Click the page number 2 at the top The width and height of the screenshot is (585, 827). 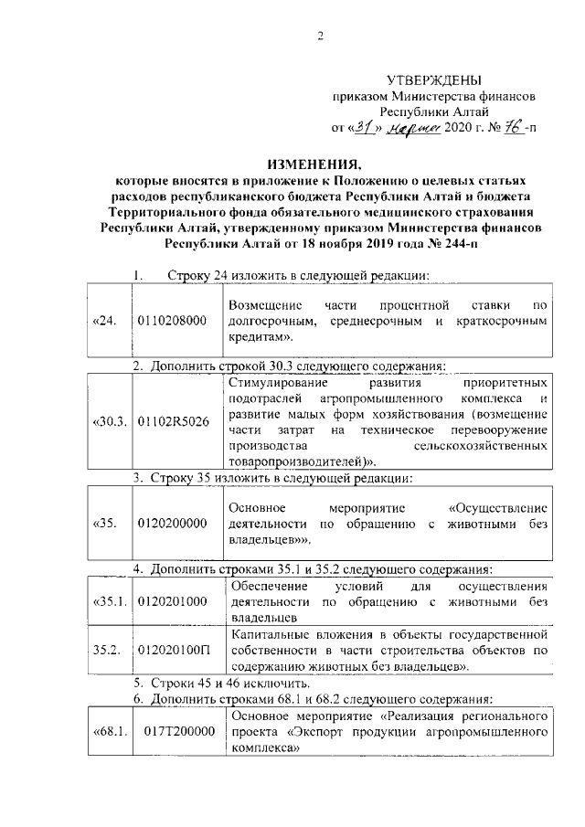pos(320,37)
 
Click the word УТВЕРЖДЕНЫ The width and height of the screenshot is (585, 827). pos(434,81)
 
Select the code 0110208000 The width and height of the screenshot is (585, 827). pos(173,321)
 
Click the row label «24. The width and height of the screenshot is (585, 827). pos(106,321)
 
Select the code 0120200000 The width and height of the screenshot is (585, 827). pos(173,524)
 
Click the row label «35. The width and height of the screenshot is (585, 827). pos(104,524)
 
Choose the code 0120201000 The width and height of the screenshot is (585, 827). pos(173,602)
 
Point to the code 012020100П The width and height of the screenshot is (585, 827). pos(173,650)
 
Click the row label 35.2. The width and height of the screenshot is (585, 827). pos(107,650)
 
